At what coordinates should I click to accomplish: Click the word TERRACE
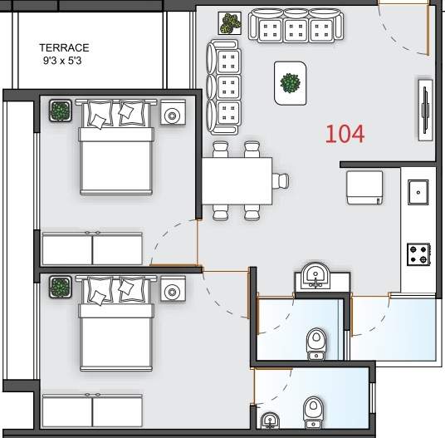tap(64, 47)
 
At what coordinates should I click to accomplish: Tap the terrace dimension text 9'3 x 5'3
tap(62, 61)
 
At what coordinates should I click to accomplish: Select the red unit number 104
tap(345, 134)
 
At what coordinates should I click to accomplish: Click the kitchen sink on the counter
tap(418, 192)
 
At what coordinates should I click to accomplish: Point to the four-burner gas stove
tap(418, 254)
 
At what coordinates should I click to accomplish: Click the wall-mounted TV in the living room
tap(425, 110)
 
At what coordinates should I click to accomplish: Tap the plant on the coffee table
tap(290, 83)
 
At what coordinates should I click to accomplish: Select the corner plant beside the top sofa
tap(230, 23)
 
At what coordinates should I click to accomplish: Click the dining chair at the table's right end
tap(281, 180)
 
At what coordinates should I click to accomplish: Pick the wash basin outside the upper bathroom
tap(315, 276)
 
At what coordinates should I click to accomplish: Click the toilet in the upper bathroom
tap(316, 344)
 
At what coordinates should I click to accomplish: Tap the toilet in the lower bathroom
tap(313, 413)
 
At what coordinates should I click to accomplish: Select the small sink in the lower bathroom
tap(270, 421)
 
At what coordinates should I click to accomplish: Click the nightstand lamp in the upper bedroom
tap(173, 116)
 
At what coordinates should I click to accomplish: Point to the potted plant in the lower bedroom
tap(60, 287)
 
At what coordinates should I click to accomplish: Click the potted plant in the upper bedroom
tap(60, 111)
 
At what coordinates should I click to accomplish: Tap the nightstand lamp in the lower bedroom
tap(173, 292)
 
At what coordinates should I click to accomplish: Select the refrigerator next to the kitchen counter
tap(364, 188)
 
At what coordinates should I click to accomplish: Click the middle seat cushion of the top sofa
tap(296, 30)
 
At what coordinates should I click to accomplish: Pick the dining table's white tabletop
tap(237, 181)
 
